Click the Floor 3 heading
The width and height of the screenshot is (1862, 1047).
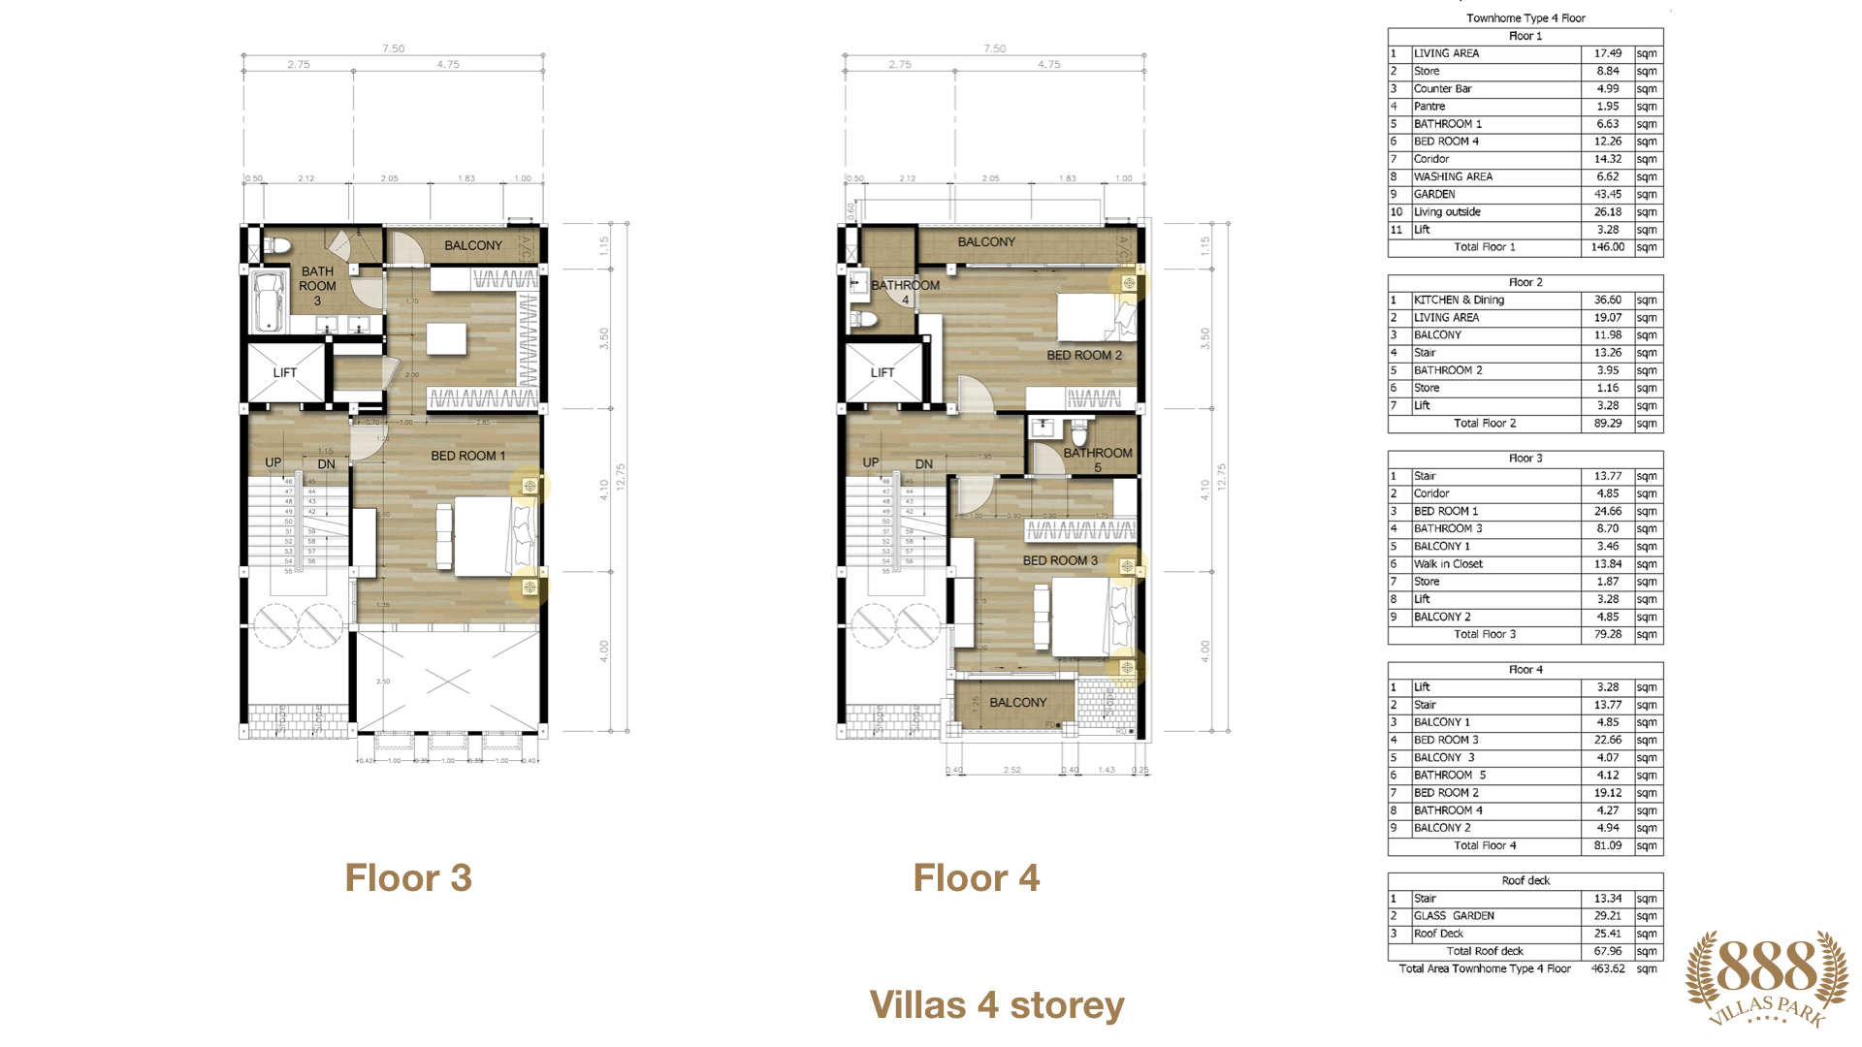[x=408, y=878]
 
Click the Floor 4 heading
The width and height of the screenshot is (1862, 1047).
[x=976, y=878]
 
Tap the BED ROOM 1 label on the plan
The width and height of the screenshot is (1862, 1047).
[x=467, y=456]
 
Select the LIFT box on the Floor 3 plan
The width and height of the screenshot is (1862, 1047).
[x=285, y=372]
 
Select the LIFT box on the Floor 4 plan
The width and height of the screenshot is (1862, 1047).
[x=883, y=372]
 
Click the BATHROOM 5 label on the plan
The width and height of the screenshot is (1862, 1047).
[x=1097, y=460]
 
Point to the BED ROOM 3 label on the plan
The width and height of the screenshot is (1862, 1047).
[x=1060, y=560]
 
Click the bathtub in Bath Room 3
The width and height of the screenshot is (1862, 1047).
[x=267, y=301]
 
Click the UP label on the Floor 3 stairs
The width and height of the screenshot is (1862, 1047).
[x=273, y=462]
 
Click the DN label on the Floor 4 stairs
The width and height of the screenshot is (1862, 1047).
[x=924, y=464]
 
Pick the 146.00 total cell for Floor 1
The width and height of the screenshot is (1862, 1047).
[x=1607, y=247]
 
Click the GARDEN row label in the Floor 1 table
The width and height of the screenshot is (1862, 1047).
[x=1434, y=194]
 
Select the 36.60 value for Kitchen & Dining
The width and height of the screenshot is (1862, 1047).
[x=1607, y=300]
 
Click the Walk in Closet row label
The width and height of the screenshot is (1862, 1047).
[x=1448, y=564]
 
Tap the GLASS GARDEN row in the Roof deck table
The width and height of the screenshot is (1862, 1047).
[x=1454, y=916]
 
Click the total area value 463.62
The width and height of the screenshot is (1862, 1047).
[x=1607, y=968]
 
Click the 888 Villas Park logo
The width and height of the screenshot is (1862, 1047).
[x=1767, y=977]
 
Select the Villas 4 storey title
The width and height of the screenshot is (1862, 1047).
[x=996, y=1005]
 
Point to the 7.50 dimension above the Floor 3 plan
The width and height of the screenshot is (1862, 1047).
[x=393, y=48]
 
